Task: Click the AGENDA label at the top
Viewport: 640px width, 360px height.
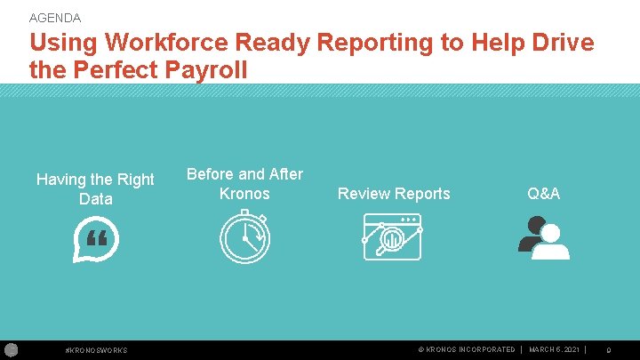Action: [x=55, y=18]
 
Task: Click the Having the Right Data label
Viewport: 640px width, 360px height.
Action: [x=95, y=189]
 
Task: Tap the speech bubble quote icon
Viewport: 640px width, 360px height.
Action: [x=95, y=242]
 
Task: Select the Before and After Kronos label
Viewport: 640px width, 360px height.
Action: [x=244, y=183]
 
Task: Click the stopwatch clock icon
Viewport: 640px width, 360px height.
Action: [x=244, y=239]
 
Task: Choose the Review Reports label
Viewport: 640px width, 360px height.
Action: [x=394, y=194]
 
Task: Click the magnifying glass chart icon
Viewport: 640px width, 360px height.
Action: [x=392, y=237]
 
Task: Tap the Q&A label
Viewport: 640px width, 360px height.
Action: [x=543, y=194]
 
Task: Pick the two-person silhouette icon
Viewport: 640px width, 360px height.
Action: [x=543, y=238]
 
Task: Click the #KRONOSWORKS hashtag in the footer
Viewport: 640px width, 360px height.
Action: [x=97, y=350]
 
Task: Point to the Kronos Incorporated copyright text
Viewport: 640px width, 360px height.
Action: [x=466, y=350]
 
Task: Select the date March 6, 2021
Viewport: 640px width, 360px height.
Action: [x=554, y=350]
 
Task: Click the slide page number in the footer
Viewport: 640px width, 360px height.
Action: [x=608, y=350]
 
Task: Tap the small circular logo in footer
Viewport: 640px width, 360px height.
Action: [x=12, y=349]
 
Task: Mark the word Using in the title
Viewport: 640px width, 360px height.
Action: [x=64, y=43]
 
